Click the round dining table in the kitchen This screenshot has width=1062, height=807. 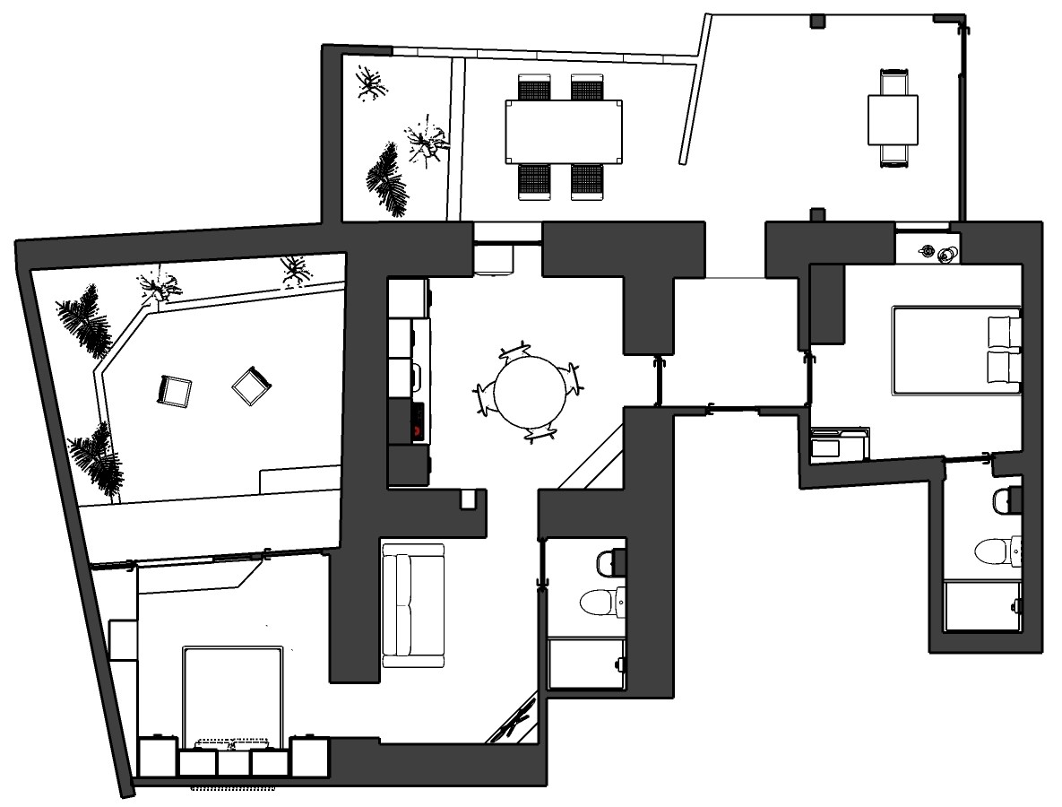[x=531, y=391]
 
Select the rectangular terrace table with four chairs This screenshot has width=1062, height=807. [x=564, y=131]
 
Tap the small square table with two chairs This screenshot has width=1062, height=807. [x=893, y=119]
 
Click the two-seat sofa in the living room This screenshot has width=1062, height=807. [x=413, y=605]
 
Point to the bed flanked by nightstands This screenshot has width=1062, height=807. [x=233, y=695]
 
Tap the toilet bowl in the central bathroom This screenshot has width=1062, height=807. [x=598, y=602]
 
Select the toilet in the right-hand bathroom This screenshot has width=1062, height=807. [x=993, y=550]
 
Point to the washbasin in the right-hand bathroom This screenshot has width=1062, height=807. [x=1006, y=499]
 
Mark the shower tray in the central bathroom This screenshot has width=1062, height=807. [x=586, y=664]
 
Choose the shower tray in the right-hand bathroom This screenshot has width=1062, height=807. [x=982, y=606]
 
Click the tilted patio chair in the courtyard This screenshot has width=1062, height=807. [x=252, y=386]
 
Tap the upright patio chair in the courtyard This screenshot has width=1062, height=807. [x=175, y=390]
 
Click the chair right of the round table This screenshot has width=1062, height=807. [x=571, y=378]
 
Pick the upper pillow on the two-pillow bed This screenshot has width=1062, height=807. [x=1003, y=331]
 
